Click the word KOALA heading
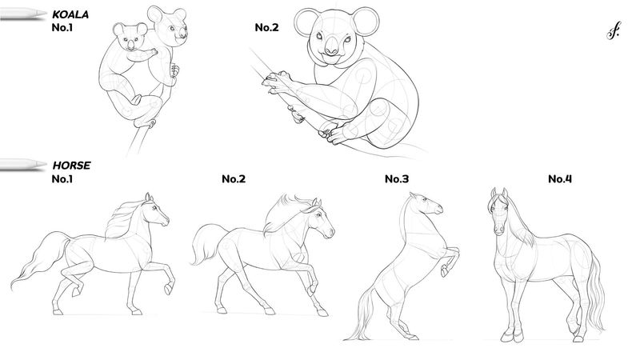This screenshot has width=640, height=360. click(x=70, y=14)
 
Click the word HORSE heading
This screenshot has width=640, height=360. click(x=71, y=166)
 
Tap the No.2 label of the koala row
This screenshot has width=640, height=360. click(x=266, y=27)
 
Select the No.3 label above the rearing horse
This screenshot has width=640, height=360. click(x=397, y=178)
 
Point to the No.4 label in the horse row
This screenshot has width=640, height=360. click(x=560, y=178)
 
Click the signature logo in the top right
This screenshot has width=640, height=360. click(x=614, y=30)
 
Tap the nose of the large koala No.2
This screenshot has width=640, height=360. click(x=331, y=46)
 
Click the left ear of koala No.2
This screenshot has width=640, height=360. click(x=306, y=22)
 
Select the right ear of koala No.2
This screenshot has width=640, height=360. click(x=366, y=22)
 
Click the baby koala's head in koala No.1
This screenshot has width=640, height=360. click(x=130, y=37)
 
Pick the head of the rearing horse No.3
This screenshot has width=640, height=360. click(x=426, y=204)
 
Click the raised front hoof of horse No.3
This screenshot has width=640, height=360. click(x=444, y=270)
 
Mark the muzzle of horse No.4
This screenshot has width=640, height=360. click(x=498, y=229)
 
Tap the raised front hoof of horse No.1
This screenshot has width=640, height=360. click(x=168, y=290)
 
